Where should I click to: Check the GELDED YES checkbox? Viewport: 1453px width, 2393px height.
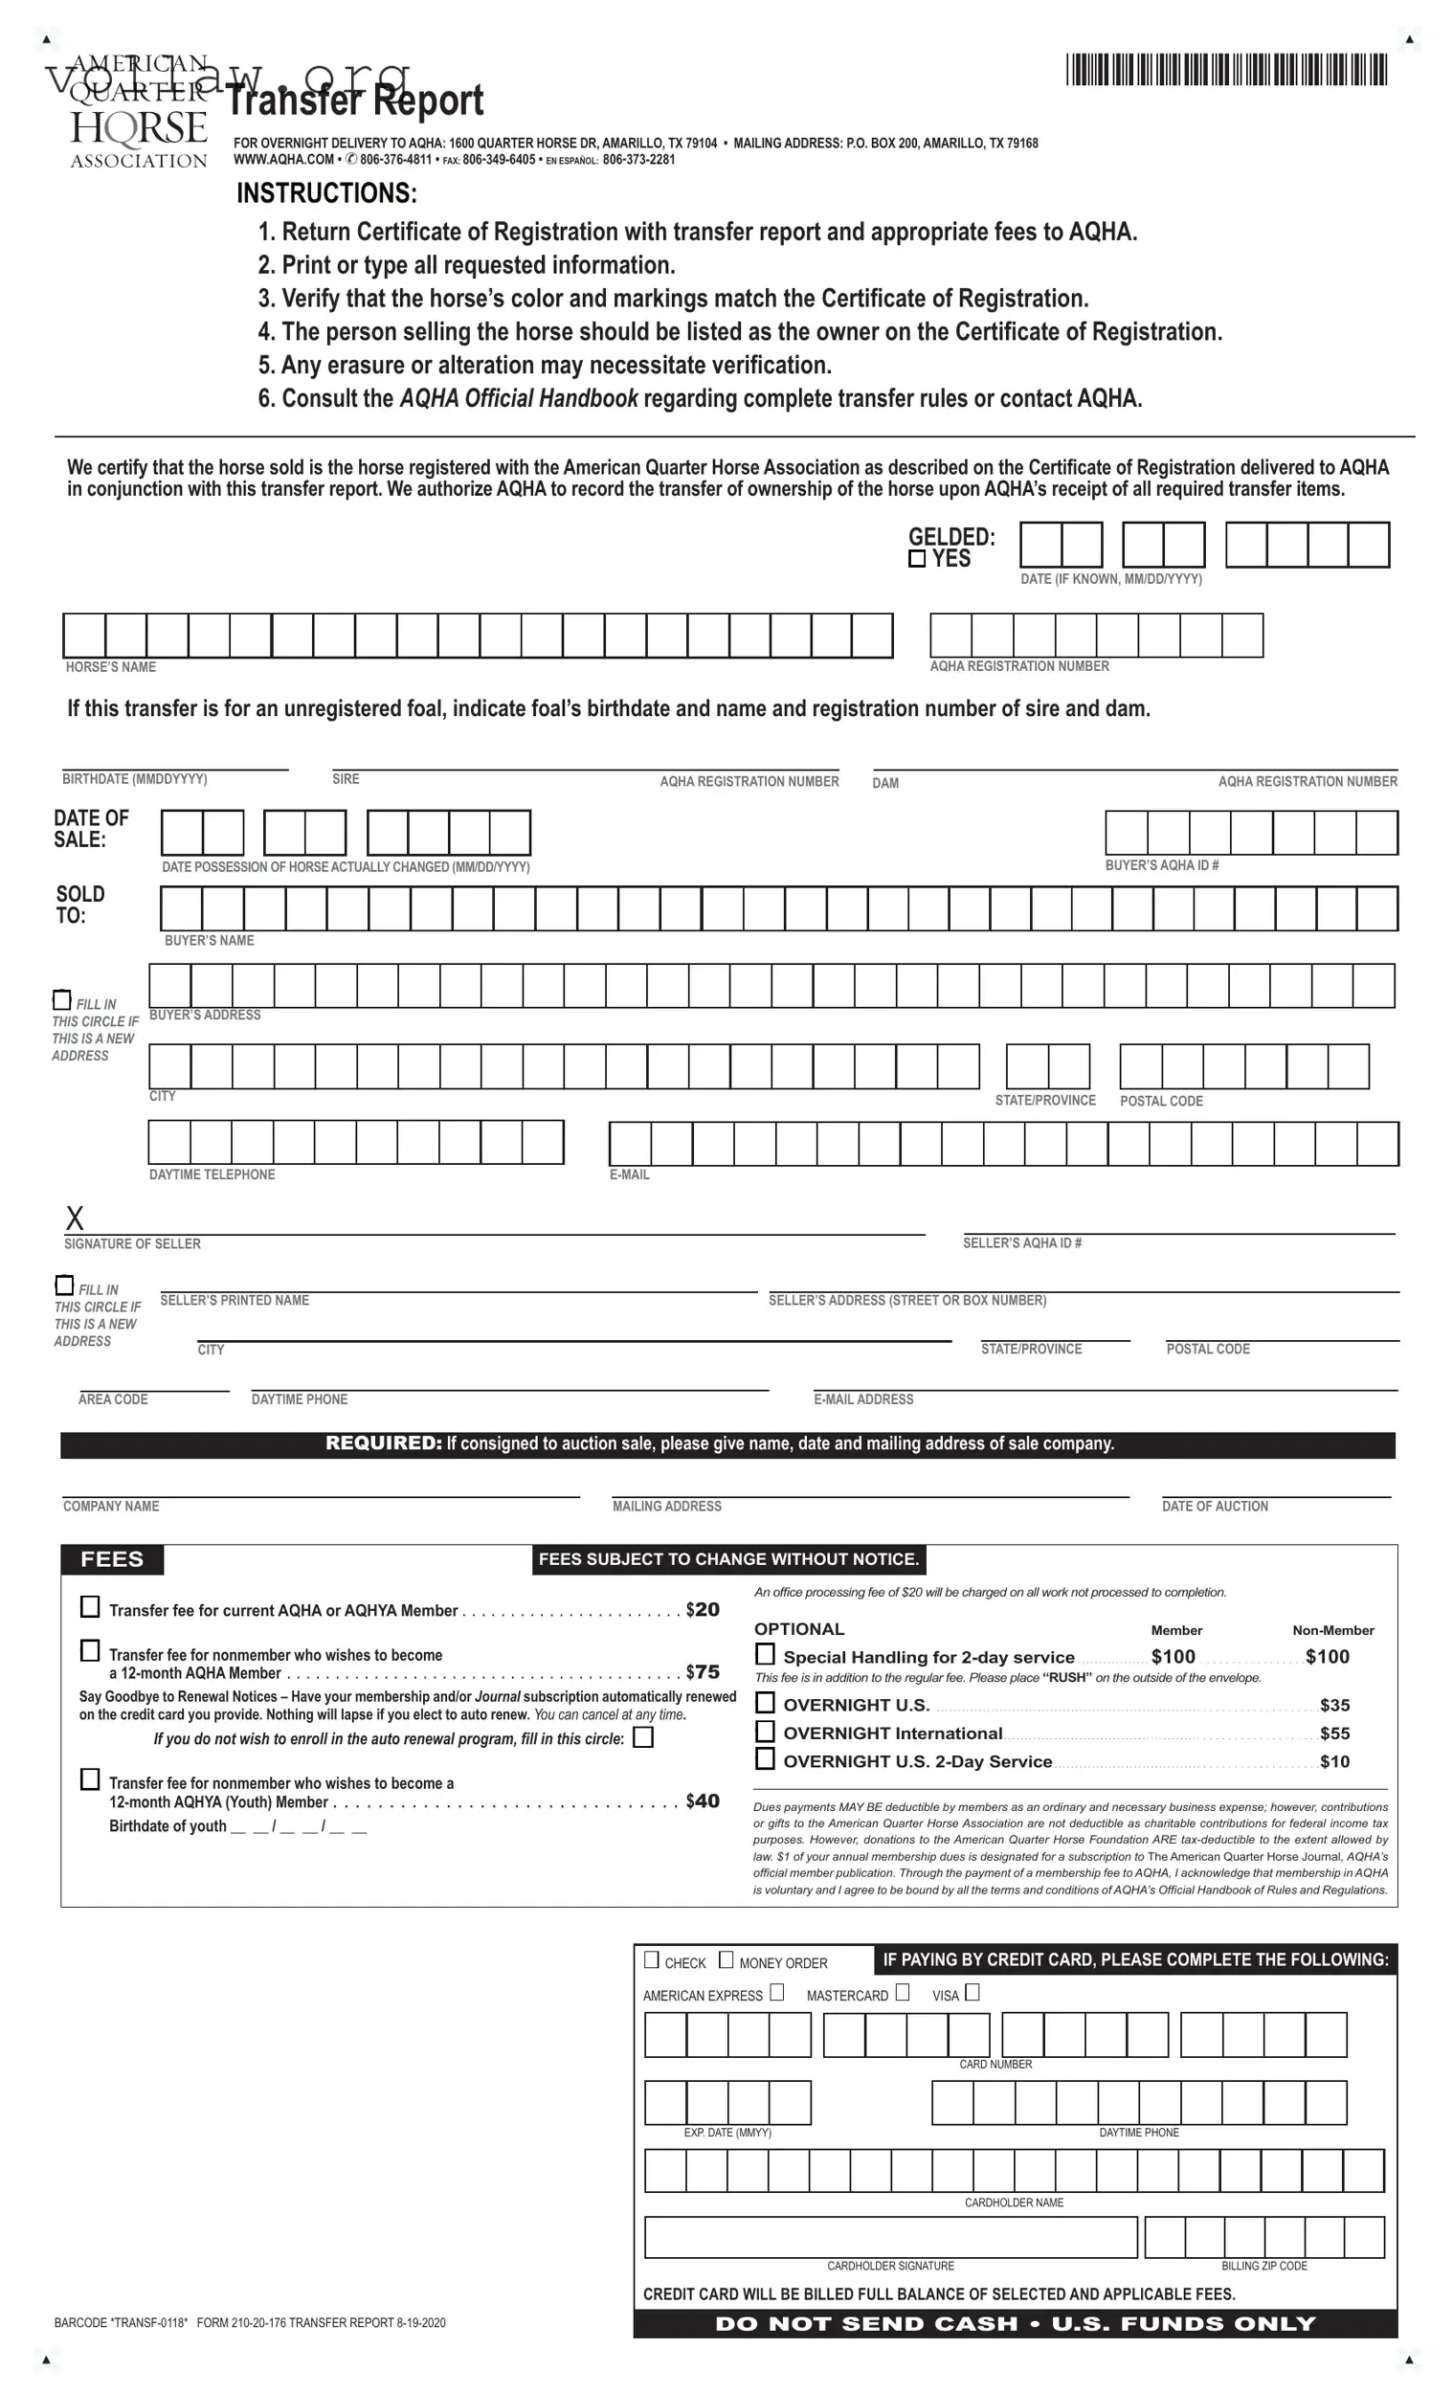(917, 558)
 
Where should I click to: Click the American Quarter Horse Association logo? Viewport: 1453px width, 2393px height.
(138, 113)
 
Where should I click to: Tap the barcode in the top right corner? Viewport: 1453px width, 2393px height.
(1226, 70)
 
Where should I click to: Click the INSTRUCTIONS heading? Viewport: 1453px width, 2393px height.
(326, 193)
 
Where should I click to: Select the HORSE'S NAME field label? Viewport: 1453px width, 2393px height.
(111, 667)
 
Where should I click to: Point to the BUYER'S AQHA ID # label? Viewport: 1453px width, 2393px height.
(1162, 865)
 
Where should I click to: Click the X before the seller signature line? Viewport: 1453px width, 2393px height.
(75, 1218)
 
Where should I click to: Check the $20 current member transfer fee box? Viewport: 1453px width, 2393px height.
(89, 1607)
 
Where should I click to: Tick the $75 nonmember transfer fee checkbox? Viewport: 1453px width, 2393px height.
(89, 1650)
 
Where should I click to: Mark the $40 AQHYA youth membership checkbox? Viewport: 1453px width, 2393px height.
(89, 1779)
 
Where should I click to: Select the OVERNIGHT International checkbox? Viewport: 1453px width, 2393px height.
(766, 1731)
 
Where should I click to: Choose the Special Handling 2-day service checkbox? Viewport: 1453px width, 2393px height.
(766, 1654)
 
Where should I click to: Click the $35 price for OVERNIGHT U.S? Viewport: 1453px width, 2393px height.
(1334, 1706)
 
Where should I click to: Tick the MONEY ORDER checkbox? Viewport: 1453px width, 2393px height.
(726, 1959)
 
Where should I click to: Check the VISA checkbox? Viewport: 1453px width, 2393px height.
(972, 1992)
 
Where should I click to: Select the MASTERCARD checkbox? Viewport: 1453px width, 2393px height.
(903, 1992)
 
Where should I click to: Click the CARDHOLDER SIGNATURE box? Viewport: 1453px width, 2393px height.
(889, 2238)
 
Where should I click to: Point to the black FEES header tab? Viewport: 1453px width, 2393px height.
(112, 1559)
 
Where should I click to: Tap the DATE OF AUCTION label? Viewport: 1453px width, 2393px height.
(1215, 1507)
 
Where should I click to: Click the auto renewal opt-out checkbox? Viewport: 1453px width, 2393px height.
(643, 1737)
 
